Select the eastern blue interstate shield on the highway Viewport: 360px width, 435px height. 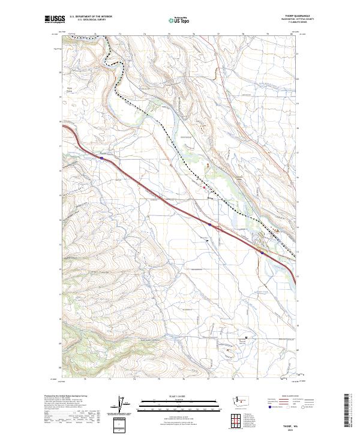point(262,253)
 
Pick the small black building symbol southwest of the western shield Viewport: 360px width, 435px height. point(207,241)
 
